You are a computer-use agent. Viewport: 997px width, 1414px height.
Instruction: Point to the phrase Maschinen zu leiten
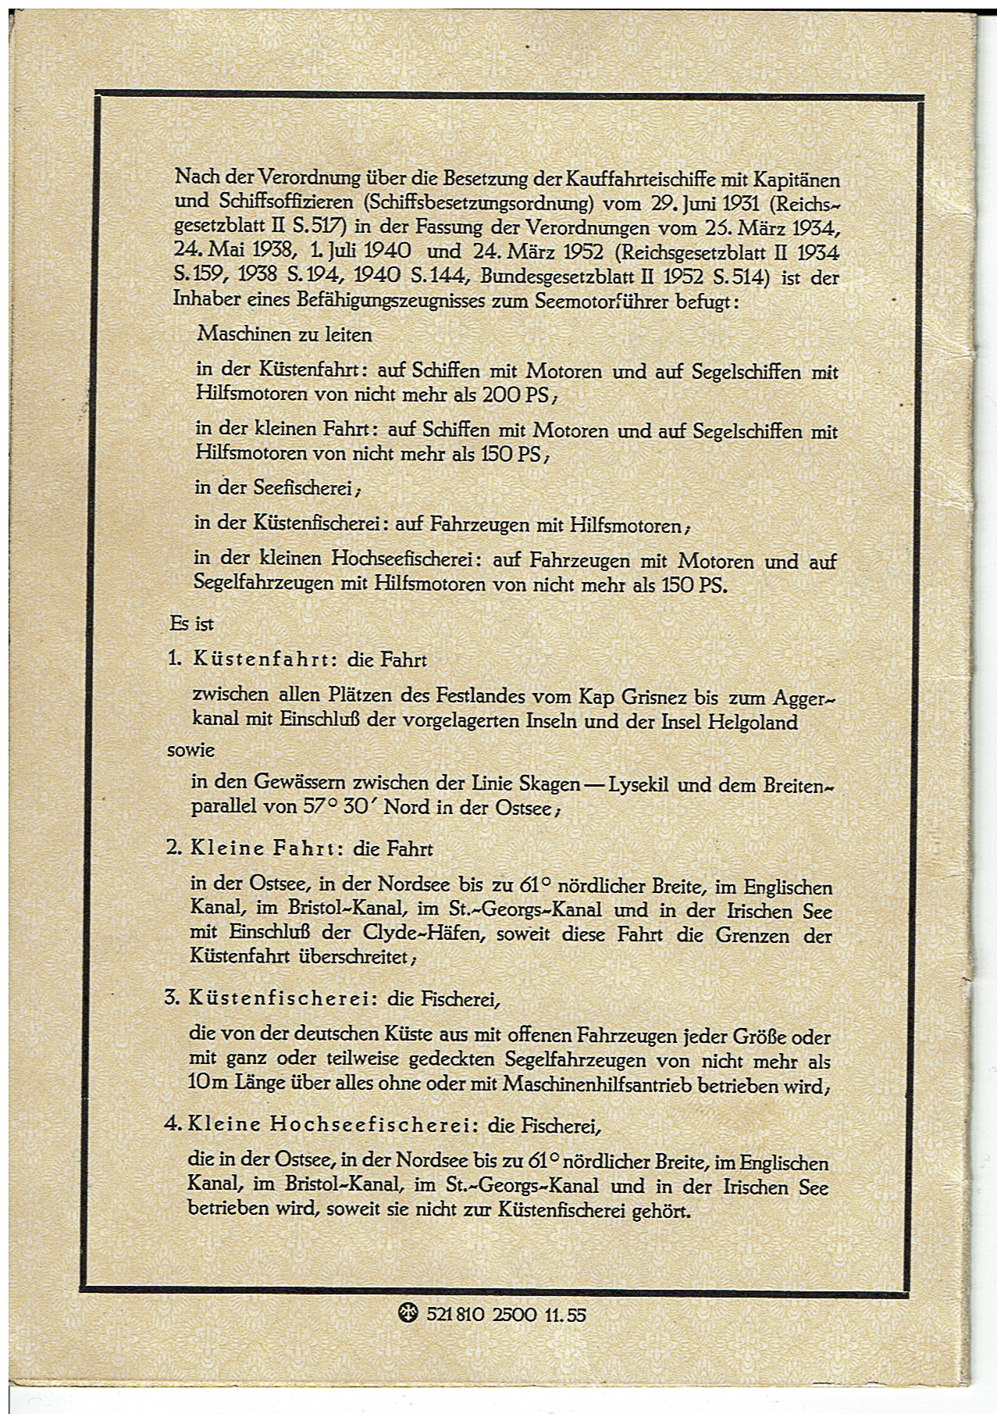[x=284, y=334]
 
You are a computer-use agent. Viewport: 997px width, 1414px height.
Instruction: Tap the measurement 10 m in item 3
[x=205, y=1085]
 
